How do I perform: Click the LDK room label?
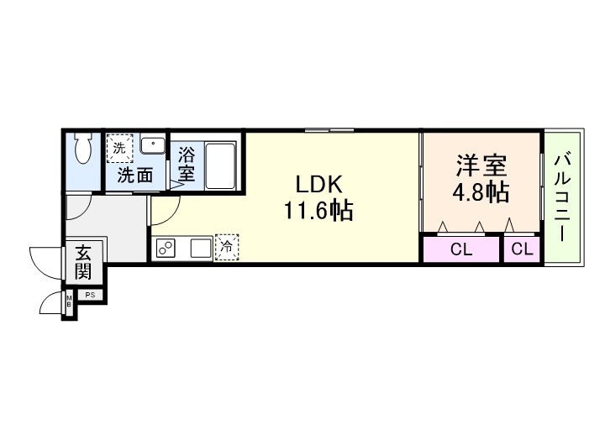317,184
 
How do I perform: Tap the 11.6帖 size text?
317,211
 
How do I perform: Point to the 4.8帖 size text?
481,192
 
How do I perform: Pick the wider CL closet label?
460,249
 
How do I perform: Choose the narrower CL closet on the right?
522,249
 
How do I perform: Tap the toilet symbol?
83,150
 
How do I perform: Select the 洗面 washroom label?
134,176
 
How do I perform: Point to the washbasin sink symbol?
152,146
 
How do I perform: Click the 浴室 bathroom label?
187,164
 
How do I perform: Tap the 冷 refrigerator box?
227,247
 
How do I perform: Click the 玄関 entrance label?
83,261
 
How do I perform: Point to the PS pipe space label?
88,295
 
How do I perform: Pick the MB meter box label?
69,299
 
